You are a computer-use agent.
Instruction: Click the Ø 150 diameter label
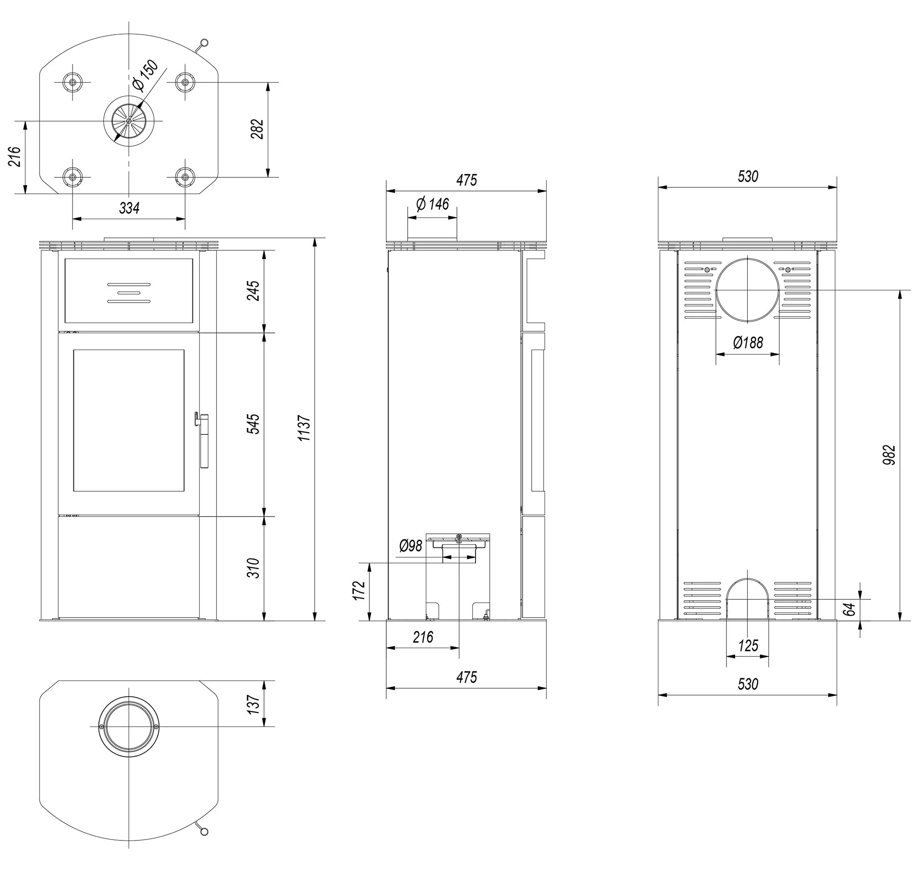pos(145,76)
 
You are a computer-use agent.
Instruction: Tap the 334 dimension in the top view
pos(130,208)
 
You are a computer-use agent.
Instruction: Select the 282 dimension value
pos(257,129)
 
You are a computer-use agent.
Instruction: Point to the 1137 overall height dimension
pos(304,428)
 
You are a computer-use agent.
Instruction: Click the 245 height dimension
pos(253,291)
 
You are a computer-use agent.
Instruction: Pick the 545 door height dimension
pos(253,423)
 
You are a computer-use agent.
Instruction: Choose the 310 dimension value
pos(253,568)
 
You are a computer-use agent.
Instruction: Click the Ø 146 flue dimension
pos(432,204)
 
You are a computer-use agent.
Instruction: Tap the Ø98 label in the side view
pos(411,546)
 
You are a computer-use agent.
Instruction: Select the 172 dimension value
pos(359,591)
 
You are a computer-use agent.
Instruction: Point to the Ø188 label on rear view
pos(748,343)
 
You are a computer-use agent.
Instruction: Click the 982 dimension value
pos(889,455)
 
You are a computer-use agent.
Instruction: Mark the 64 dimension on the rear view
pos(850,608)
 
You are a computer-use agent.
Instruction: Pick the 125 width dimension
pos(748,646)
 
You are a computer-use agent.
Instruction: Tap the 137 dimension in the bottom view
pos(253,705)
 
